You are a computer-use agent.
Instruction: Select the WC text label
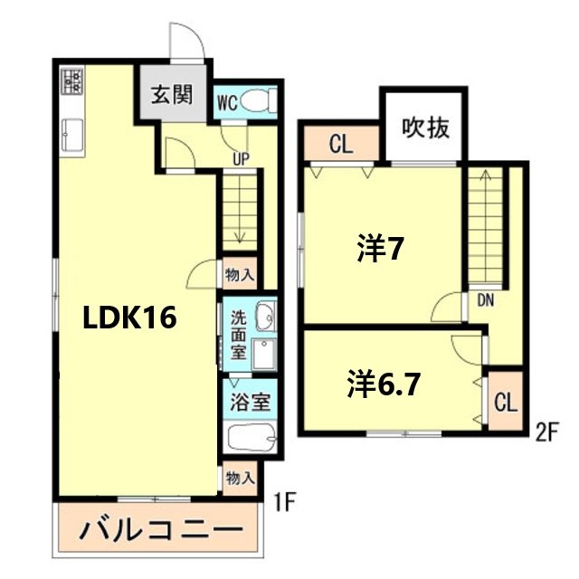[227, 102]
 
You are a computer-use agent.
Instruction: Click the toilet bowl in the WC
[259, 102]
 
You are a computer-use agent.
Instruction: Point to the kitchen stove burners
[71, 83]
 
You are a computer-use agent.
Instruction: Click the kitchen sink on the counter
[71, 136]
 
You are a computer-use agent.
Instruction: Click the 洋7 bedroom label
[379, 249]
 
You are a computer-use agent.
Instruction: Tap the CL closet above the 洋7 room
[340, 143]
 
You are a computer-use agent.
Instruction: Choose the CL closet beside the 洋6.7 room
[505, 400]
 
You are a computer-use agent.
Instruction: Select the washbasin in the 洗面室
[265, 318]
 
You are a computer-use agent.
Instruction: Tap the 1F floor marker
[284, 498]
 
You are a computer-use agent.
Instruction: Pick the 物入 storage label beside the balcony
[240, 476]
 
